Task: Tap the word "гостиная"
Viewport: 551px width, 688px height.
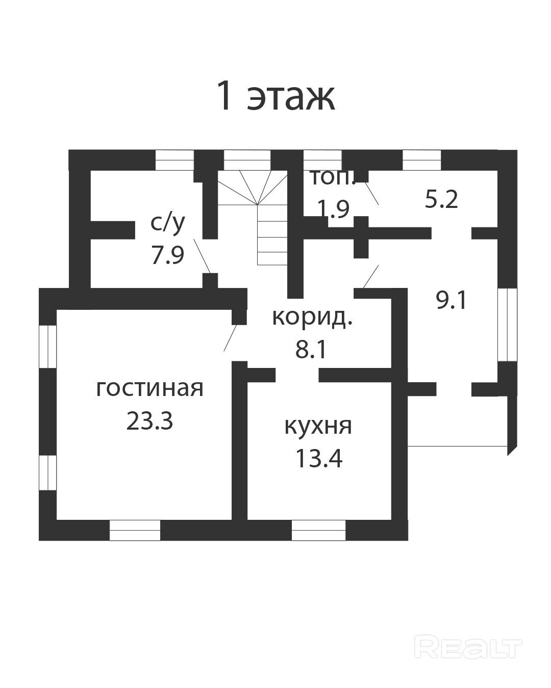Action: [x=149, y=388]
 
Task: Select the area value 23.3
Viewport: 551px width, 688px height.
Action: [x=149, y=421]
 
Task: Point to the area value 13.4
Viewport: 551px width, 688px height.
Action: [x=318, y=458]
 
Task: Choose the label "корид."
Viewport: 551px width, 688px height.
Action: [x=312, y=317]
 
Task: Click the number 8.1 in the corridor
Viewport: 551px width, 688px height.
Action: [x=311, y=350]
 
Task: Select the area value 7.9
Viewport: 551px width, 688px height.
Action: [x=167, y=255]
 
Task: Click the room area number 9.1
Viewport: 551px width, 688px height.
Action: [x=452, y=300]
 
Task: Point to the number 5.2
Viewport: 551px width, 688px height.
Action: [x=441, y=199]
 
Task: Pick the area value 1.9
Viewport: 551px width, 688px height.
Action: [x=333, y=208]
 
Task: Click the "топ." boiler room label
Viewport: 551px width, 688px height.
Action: [x=332, y=178]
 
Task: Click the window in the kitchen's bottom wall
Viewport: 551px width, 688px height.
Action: [x=318, y=530]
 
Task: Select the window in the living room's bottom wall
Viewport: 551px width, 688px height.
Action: [x=135, y=530]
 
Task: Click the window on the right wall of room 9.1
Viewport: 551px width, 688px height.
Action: [x=507, y=325]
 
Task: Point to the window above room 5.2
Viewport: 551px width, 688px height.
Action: [x=421, y=160]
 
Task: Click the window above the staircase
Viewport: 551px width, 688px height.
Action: [x=247, y=160]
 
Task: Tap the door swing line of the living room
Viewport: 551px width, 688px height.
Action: [x=231, y=337]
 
